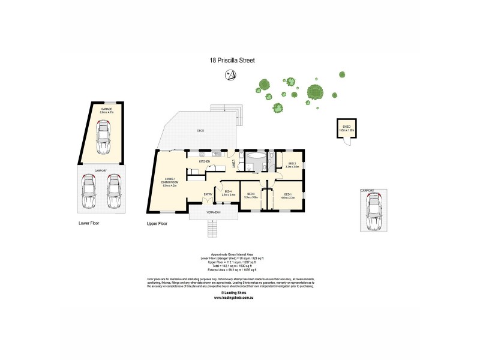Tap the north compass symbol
click(229, 74)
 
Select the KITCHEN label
click(204, 161)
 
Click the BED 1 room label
click(287, 194)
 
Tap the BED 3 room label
click(251, 194)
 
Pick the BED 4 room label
click(228, 192)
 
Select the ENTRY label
click(208, 194)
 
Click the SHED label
click(346, 127)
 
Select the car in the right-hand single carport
click(373, 210)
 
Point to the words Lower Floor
click(89, 223)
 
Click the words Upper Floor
click(157, 223)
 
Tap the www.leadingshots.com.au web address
click(240, 296)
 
